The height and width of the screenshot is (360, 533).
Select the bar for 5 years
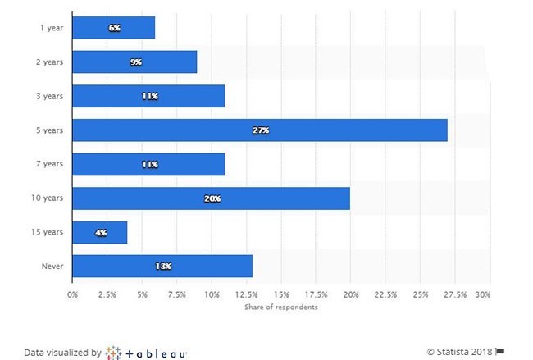pos(260,130)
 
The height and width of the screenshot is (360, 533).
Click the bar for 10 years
pos(212,198)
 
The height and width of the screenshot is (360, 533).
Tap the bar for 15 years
pos(100,232)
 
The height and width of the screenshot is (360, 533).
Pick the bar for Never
pos(162,267)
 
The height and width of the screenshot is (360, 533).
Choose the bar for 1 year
pos(114,28)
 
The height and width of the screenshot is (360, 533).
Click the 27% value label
pos(260,130)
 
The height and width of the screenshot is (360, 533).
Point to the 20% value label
pos(212,198)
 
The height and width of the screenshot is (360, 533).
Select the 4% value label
pos(100,233)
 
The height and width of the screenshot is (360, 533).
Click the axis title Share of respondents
pos(281,308)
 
